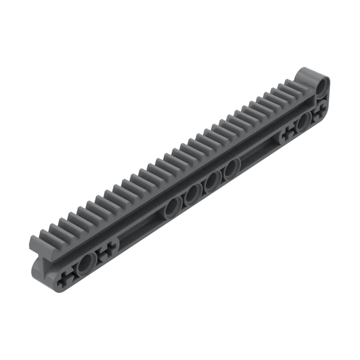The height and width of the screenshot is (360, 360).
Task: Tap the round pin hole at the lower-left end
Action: click(84, 265)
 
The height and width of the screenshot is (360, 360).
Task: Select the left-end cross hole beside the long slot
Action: click(107, 253)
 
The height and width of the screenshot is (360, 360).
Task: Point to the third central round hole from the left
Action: click(211, 182)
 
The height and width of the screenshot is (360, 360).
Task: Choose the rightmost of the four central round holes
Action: click(231, 168)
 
